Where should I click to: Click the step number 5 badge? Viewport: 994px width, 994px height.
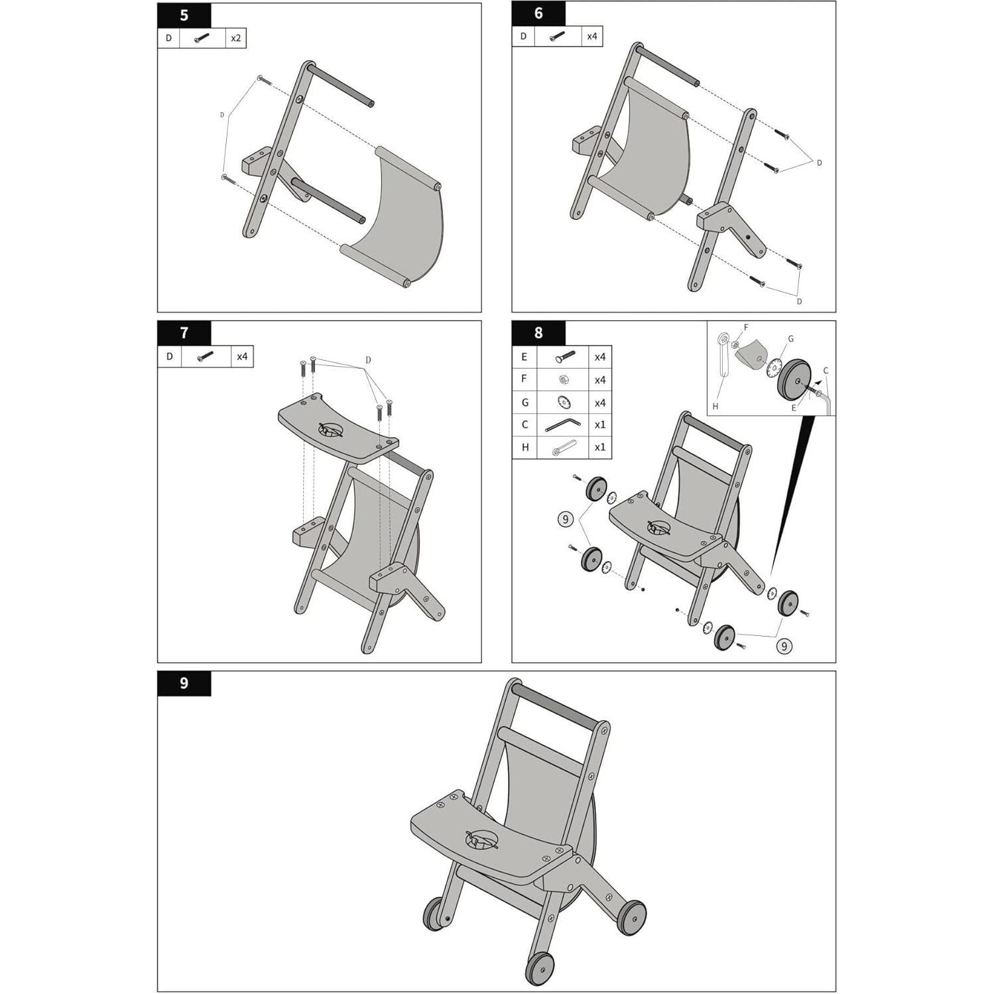[184, 15]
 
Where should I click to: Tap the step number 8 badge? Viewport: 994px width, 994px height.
[538, 333]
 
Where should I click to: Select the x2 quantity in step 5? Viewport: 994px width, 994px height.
[235, 38]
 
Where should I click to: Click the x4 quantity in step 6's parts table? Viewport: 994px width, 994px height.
[591, 36]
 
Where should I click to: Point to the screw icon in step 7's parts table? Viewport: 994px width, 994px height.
[206, 357]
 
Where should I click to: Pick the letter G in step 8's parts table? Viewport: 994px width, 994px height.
[525, 403]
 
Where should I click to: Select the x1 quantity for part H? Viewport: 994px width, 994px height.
[599, 448]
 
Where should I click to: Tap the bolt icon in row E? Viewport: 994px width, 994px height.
[562, 357]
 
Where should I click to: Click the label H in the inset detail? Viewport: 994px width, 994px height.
[715, 406]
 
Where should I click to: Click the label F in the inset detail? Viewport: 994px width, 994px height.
[746, 328]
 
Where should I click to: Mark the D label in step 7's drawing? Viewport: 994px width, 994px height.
[368, 360]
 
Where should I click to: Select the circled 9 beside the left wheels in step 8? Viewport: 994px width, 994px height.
[565, 519]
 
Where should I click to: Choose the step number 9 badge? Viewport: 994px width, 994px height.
[184, 683]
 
